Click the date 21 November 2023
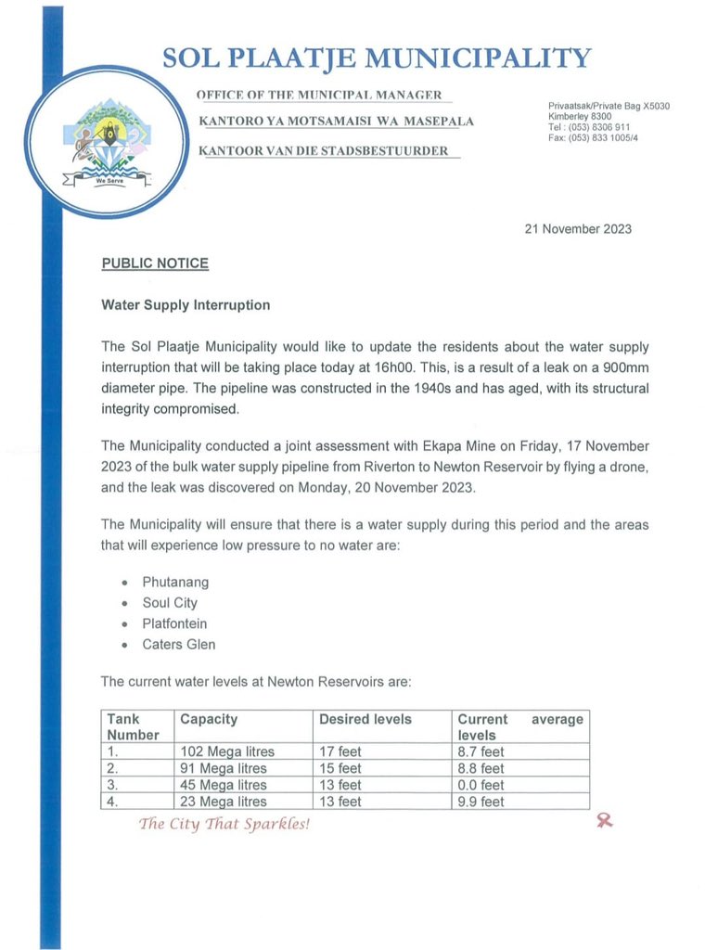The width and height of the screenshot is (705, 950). (579, 229)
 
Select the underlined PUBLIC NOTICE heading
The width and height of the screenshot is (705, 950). (155, 263)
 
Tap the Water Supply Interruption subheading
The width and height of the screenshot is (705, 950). (186, 304)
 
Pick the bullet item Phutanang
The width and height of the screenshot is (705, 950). (175, 583)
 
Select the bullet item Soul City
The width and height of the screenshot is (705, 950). (170, 603)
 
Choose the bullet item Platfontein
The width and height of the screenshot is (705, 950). (174, 623)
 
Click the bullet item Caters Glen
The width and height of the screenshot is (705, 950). (179, 644)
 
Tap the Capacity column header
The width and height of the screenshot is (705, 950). (209, 719)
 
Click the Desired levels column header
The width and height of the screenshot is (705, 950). (365, 719)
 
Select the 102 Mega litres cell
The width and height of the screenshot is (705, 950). (227, 751)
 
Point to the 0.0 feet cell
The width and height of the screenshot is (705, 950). (481, 785)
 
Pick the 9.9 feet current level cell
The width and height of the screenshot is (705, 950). (481, 802)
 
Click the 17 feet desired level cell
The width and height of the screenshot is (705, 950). (340, 751)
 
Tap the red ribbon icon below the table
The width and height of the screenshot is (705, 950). (605, 820)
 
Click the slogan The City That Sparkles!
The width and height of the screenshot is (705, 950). (224, 823)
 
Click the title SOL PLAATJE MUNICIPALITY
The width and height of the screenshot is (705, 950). (376, 58)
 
